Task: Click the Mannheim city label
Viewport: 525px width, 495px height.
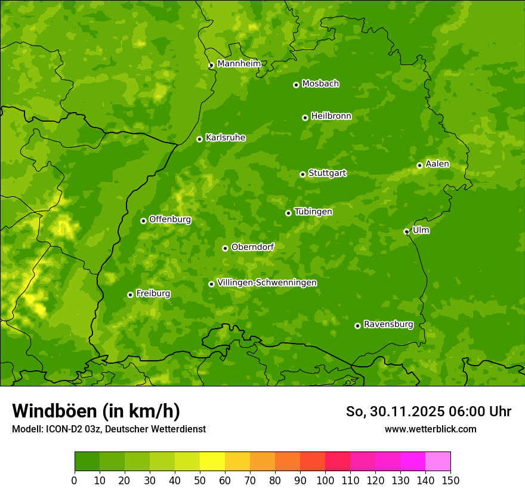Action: coord(239,64)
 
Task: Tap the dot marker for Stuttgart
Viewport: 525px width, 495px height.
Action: coord(302,174)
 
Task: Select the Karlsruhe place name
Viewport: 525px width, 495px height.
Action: coord(225,138)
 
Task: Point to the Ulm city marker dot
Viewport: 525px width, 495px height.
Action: coord(406,231)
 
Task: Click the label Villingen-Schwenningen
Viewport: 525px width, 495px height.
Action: coord(267,283)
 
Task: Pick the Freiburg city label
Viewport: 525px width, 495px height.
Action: coord(153,293)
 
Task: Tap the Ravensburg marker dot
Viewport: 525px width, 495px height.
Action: coord(357,326)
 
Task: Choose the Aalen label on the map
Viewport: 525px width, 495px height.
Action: coord(437,164)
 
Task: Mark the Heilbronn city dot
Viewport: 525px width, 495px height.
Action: coord(305,117)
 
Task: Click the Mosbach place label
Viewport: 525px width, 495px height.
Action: coord(320,84)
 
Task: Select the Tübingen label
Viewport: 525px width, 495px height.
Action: coord(313,212)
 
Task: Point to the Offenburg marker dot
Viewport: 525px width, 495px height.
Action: coord(143,221)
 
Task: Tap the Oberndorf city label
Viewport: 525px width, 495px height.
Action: coord(252,247)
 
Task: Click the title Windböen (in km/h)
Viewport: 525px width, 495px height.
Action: coord(96,411)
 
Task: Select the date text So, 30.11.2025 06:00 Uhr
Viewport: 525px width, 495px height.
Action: coord(428,412)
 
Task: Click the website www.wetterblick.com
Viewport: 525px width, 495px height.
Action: coord(430,429)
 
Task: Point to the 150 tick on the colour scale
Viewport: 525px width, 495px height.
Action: coord(450,480)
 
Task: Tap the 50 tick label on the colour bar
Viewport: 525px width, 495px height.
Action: coord(200,480)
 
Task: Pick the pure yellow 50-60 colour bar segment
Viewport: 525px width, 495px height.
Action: coord(212,462)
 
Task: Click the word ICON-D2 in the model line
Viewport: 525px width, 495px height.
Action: coord(61,429)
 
